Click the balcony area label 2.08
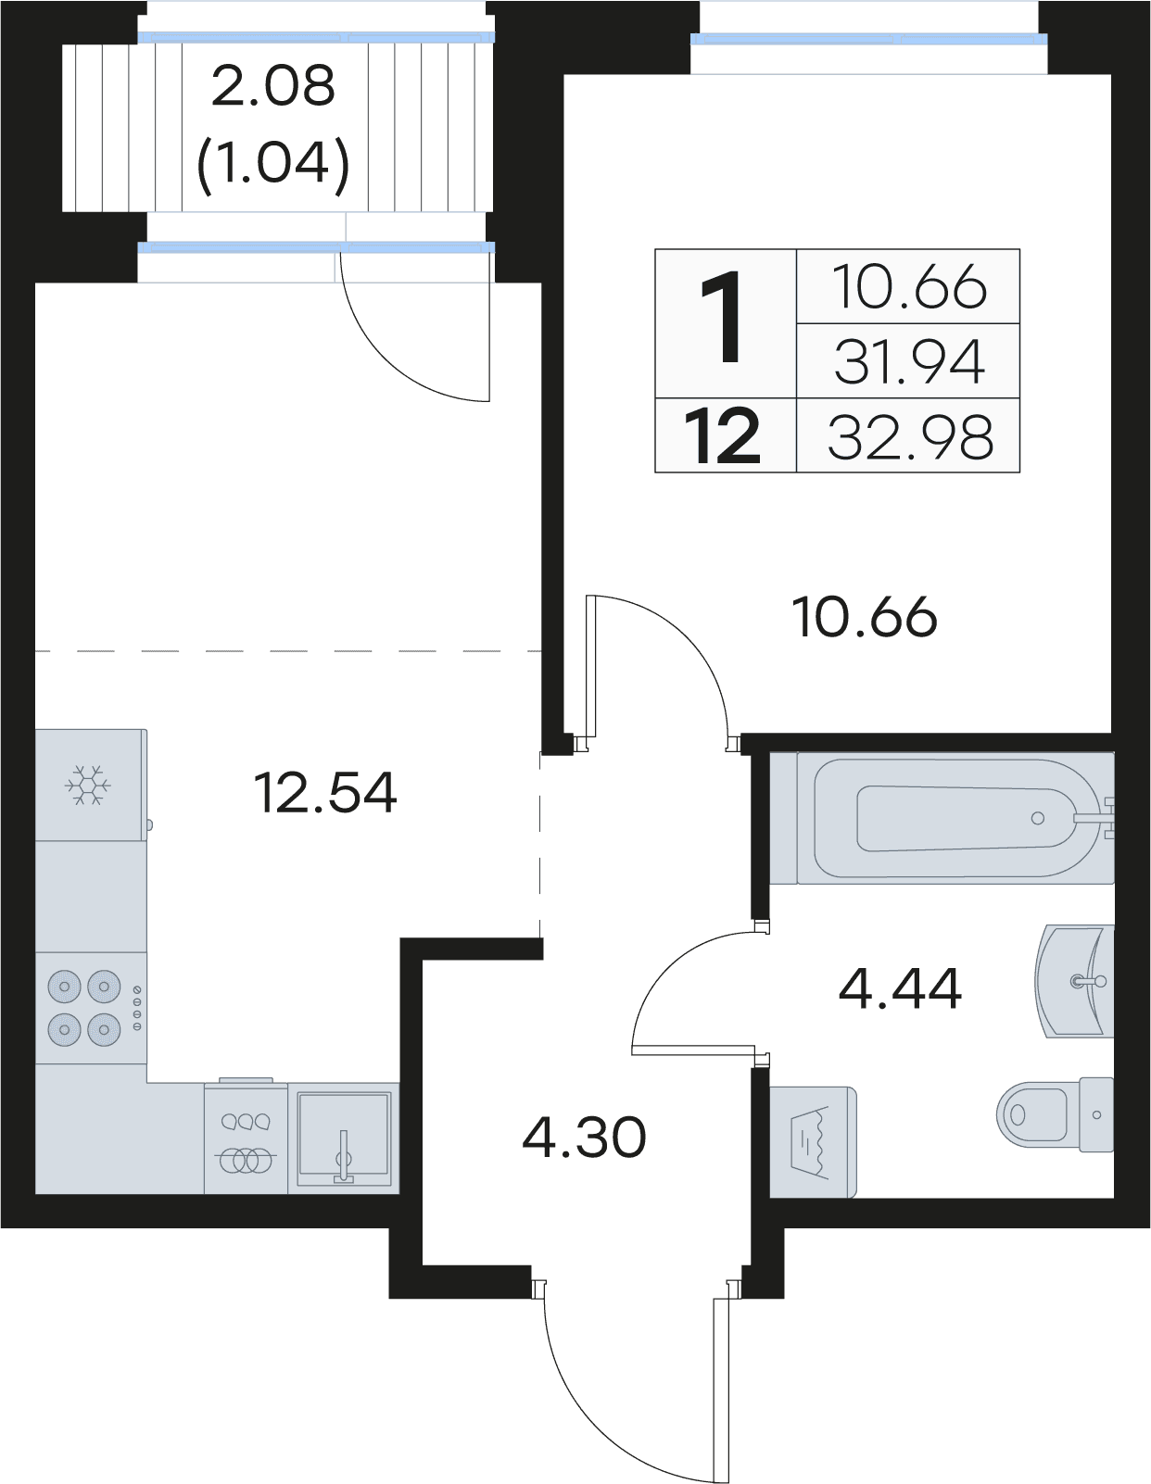pyautogui.click(x=273, y=87)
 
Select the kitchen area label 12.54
pyautogui.click(x=325, y=792)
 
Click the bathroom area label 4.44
pyautogui.click(x=900, y=988)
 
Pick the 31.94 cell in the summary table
pyautogui.click(x=909, y=362)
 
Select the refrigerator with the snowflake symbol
pyautogui.click(x=91, y=785)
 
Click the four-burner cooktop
pyautogui.click(x=91, y=1008)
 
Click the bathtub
pyautogui.click(x=942, y=817)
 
